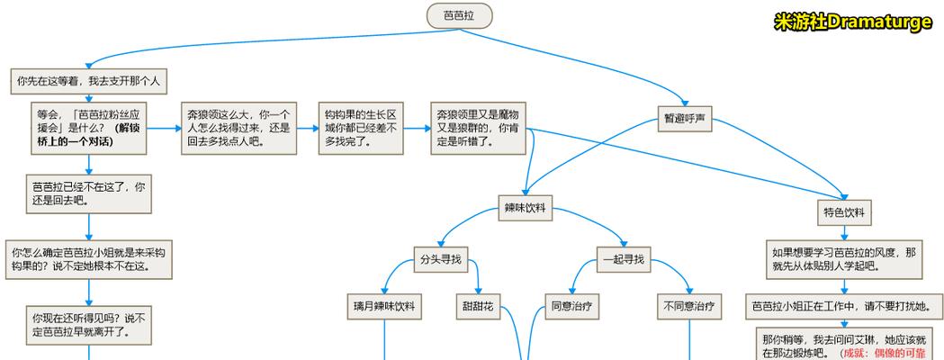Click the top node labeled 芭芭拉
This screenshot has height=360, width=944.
coord(459,15)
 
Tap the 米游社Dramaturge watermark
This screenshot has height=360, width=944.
coord(853,22)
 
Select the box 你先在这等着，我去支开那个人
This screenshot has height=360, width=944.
coord(88,81)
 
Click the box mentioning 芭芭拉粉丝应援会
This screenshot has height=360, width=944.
coord(88,127)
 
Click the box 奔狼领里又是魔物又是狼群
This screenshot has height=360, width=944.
coord(478,128)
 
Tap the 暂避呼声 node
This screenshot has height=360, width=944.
coord(685,119)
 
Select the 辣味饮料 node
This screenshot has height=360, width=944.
coord(526,209)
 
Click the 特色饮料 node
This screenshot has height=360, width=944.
coord(844,213)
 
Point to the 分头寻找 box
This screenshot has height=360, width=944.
coord(440,259)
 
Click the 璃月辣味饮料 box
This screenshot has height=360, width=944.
coord(384,306)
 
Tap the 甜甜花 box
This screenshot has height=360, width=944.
coord(477,306)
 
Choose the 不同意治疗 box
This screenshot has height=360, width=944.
coord(689,306)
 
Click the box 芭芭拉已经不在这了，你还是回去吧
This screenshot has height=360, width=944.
coord(88,193)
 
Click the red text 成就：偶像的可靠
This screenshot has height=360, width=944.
coord(890,353)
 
